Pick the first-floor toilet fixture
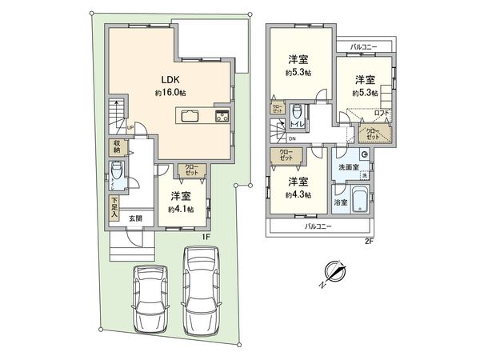pos(117,173)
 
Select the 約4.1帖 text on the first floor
pos(180,210)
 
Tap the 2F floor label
pos(369,241)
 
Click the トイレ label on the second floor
pos(296,125)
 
